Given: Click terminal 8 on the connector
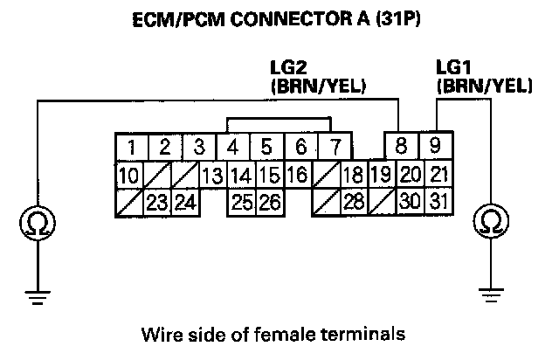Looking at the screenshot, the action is point(401,146).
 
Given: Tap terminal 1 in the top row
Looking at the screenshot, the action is point(130,146).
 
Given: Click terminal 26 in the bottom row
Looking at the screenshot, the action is point(269,203).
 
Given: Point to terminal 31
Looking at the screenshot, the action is point(439,203).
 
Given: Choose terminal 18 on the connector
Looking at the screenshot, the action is point(353,175).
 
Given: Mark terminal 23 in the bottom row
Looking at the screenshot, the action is point(156,203).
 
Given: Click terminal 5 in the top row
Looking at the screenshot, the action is point(267,146).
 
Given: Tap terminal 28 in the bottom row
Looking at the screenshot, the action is point(353,203).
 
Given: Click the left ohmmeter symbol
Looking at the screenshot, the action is point(36,225).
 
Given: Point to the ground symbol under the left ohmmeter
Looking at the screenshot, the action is point(36,298).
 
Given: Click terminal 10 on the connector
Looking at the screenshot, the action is point(128,175).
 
